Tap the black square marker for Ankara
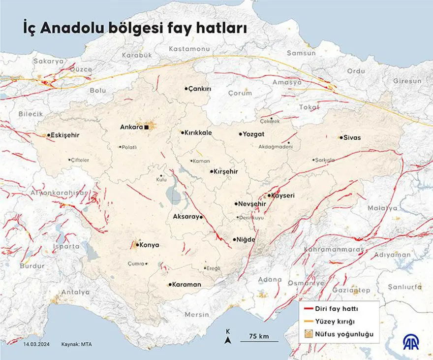click(147, 127)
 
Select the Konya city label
click(149, 245)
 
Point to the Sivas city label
click(352, 137)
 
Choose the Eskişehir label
click(66, 135)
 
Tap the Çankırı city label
click(200, 89)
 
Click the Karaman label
click(187, 285)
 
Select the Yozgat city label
click(254, 134)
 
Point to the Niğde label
click(246, 240)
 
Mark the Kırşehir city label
click(226, 171)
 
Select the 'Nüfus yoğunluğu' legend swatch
click(308, 334)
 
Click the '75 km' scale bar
click(259, 337)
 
